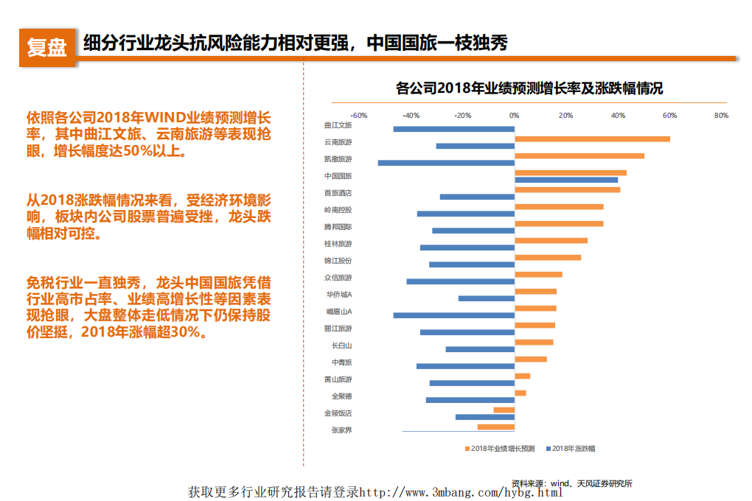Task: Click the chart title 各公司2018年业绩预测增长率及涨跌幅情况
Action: tap(529, 88)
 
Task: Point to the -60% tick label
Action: tap(359, 116)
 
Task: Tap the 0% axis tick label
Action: tap(514, 116)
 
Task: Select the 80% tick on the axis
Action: tap(721, 116)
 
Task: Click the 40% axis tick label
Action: tap(618, 116)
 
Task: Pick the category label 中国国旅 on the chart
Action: tap(338, 176)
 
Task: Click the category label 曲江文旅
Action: tap(338, 125)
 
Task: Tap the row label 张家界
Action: tap(341, 430)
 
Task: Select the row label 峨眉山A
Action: tap(339, 312)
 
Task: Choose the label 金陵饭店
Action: tap(338, 413)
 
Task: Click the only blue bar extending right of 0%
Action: tap(565, 180)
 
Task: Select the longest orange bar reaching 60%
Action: tap(592, 139)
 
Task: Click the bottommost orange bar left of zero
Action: tap(495, 427)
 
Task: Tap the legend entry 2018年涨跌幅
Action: tap(574, 448)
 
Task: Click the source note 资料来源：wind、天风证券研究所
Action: tap(572, 483)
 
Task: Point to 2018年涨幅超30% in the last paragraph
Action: tap(142, 332)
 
